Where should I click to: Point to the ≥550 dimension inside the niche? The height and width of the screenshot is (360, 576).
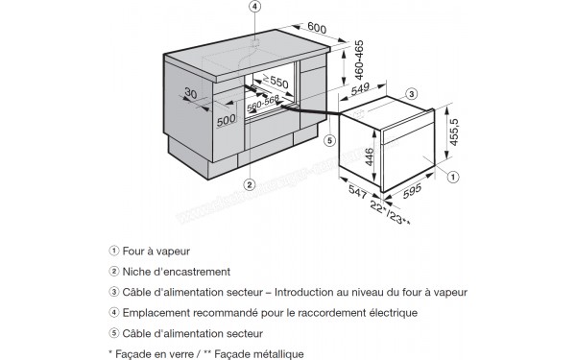click(x=276, y=82)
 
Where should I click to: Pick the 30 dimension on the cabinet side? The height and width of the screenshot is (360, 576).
click(x=190, y=93)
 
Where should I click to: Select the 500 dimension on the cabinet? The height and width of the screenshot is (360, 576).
click(x=227, y=120)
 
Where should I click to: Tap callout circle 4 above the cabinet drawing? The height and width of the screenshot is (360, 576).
click(x=255, y=8)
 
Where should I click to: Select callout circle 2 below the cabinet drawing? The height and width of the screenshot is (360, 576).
click(x=249, y=183)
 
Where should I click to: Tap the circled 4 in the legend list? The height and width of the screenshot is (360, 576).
click(x=113, y=313)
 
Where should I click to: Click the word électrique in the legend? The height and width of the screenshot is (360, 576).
click(x=387, y=313)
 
